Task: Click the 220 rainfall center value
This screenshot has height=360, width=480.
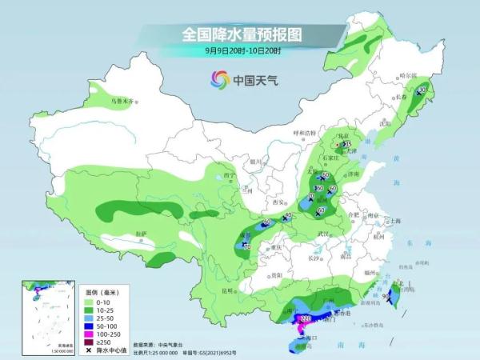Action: (305, 318)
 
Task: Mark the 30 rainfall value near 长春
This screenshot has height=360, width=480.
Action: (422, 90)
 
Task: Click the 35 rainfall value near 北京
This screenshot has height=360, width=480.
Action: (346, 144)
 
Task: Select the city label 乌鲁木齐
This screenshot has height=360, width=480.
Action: (124, 102)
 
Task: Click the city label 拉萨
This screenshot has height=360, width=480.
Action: (141, 233)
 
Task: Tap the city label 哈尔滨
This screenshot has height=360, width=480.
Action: (409, 74)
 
